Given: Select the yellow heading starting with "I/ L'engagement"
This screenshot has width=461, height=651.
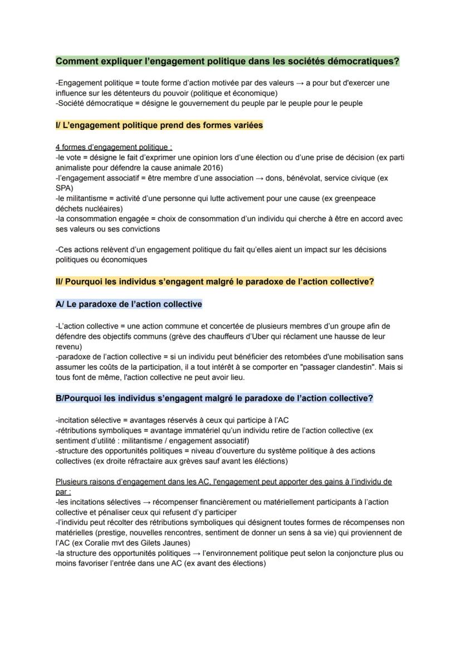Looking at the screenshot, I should pyautogui.click(x=159, y=125).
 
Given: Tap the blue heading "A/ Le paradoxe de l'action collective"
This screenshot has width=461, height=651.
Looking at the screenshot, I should pyautogui.click(x=129, y=304).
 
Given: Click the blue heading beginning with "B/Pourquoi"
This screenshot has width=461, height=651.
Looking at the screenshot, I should pyautogui.click(x=214, y=398).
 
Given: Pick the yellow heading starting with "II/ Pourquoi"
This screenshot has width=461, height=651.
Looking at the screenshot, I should pyautogui.click(x=214, y=282).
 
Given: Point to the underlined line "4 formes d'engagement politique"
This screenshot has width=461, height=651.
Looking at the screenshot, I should pyautogui.click(x=114, y=148).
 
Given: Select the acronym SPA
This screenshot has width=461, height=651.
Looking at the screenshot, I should pyautogui.click(x=64, y=188).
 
